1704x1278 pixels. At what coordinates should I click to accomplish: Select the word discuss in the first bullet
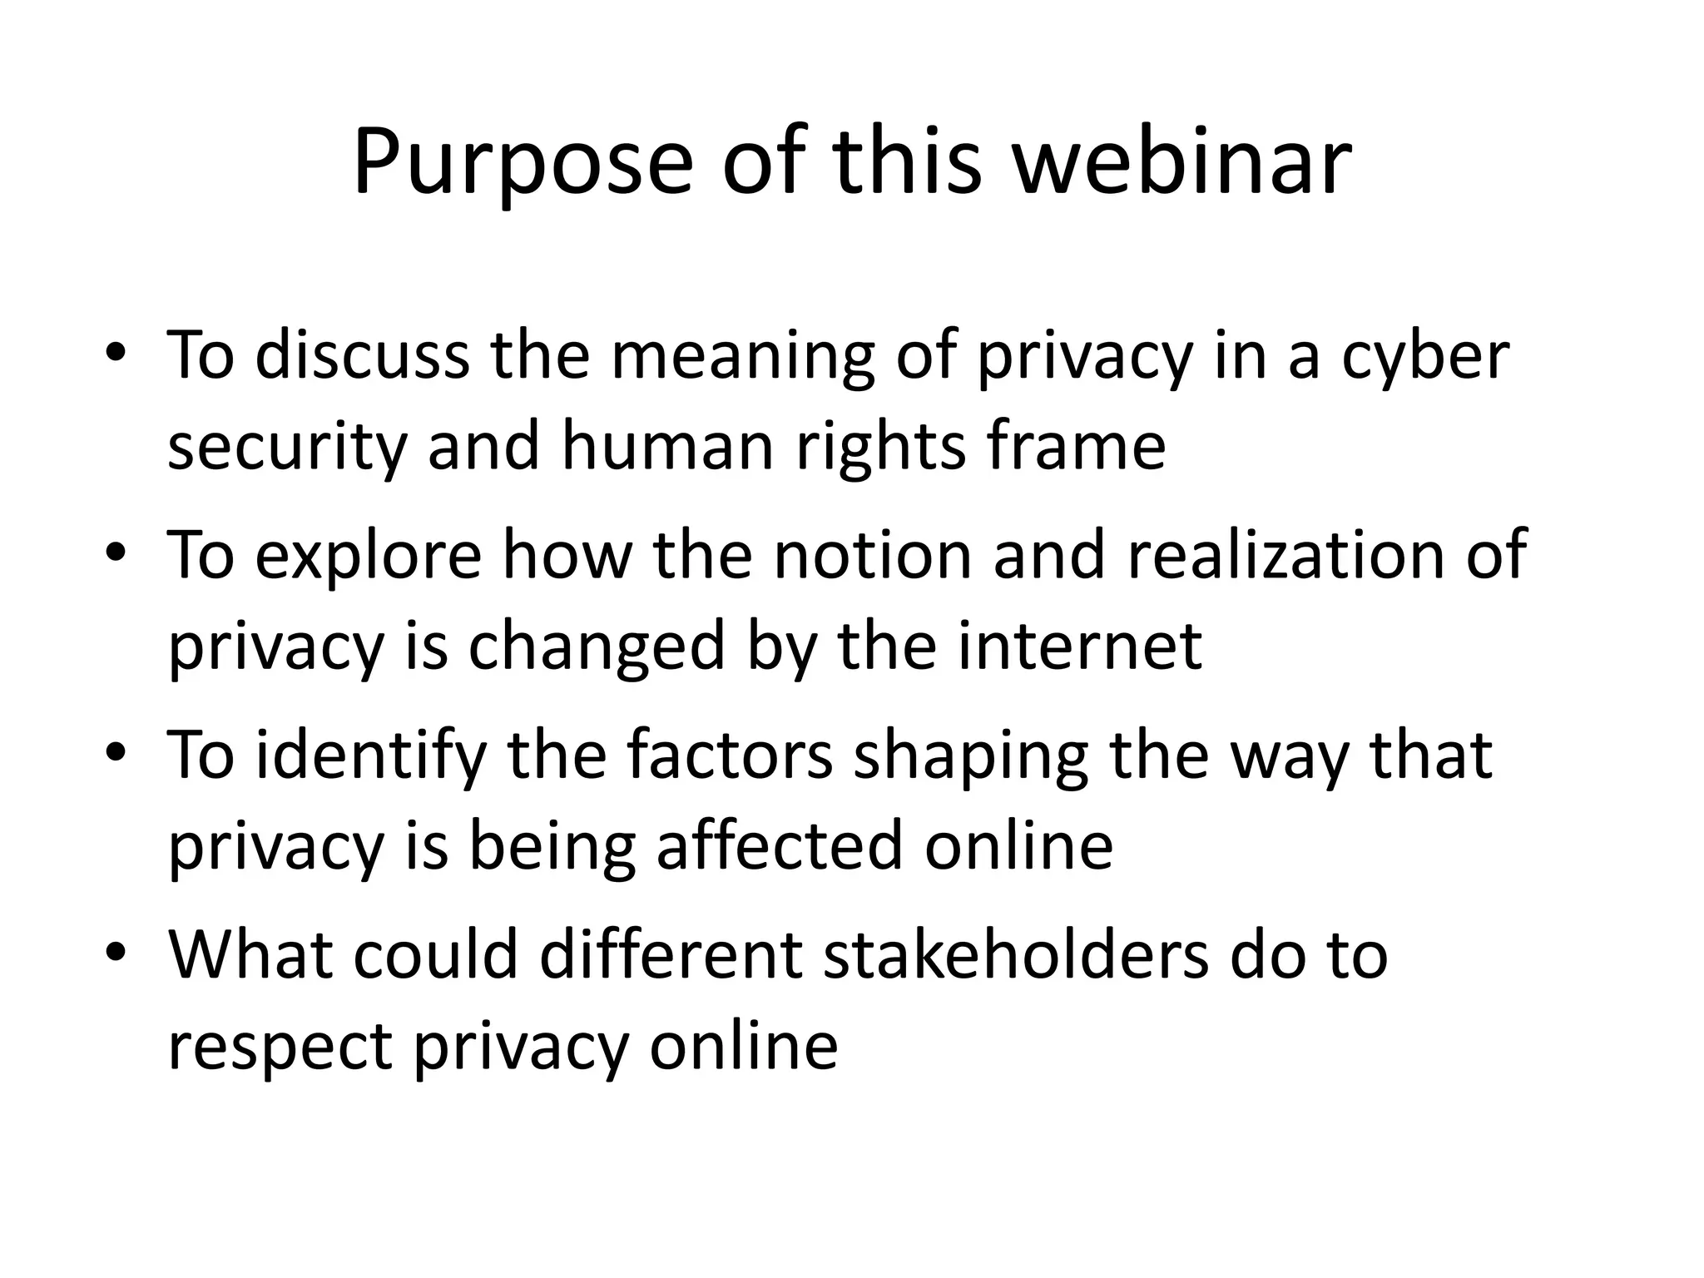click(x=362, y=356)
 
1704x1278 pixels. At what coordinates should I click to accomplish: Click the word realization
click(x=1285, y=554)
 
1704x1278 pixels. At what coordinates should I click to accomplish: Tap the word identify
click(x=370, y=755)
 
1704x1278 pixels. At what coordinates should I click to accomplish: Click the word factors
click(x=729, y=754)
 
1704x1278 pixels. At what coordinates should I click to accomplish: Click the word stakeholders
click(x=1016, y=954)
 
